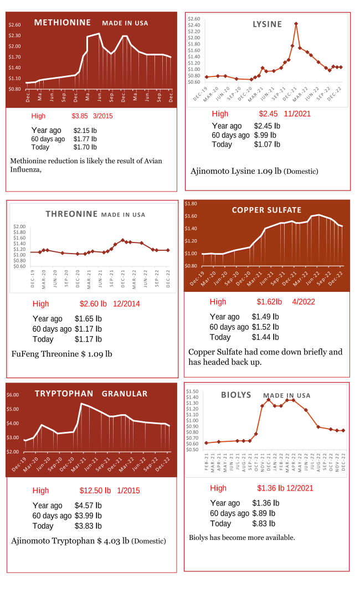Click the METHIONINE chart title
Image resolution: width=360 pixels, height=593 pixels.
pyautogui.click(x=62, y=23)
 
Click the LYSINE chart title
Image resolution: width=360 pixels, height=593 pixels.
pyautogui.click(x=267, y=24)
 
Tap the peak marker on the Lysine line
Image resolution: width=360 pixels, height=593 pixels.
pyautogui.click(x=296, y=24)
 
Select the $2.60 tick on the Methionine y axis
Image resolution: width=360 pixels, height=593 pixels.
pyautogui.click(x=15, y=25)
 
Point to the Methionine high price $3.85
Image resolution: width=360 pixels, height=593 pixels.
pyautogui.click(x=80, y=116)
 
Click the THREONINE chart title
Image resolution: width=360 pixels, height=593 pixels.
pyautogui.click(x=71, y=214)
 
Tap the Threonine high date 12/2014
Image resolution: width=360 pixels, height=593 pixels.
pyautogui.click(x=126, y=303)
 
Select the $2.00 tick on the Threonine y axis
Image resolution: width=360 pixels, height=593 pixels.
pyautogui.click(x=20, y=226)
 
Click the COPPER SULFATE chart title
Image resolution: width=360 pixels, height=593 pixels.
pyautogui.click(x=266, y=210)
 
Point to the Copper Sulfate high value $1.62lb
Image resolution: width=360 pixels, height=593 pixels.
pyautogui.click(x=269, y=302)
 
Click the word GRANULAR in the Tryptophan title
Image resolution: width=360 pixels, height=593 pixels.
pyautogui.click(x=125, y=394)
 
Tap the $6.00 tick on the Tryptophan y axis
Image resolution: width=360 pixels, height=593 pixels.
pyautogui.click(x=13, y=395)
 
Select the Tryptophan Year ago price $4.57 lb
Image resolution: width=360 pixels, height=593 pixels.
pyautogui.click(x=88, y=506)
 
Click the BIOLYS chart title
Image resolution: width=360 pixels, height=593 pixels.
pyautogui.click(x=236, y=395)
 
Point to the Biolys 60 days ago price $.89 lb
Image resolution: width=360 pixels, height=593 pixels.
pyautogui.click(x=264, y=513)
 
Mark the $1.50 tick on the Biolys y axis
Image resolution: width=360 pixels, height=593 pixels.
pyautogui.click(x=192, y=391)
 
